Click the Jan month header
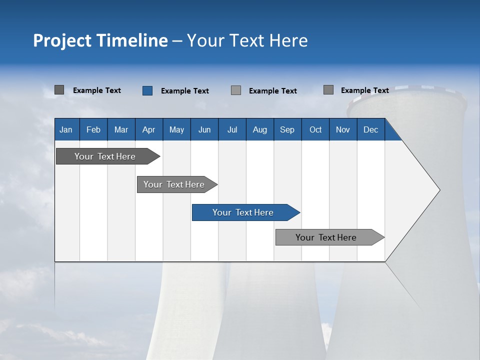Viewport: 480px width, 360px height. click(x=66, y=129)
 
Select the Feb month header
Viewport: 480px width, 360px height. click(x=93, y=129)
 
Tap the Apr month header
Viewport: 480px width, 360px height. click(x=148, y=129)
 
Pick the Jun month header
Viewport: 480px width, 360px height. click(x=204, y=129)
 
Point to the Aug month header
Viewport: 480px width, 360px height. click(x=259, y=129)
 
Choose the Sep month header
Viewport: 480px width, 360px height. click(x=287, y=129)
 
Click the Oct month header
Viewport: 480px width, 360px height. click(x=315, y=129)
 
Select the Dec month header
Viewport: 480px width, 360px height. click(x=370, y=129)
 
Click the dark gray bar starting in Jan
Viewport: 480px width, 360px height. click(x=105, y=156)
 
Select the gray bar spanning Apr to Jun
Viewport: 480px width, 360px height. click(x=174, y=184)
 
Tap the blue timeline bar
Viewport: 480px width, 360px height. click(x=243, y=212)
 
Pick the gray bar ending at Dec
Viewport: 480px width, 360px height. click(x=326, y=237)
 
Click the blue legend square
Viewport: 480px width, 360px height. click(x=147, y=90)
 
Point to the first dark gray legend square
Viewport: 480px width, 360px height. click(x=59, y=90)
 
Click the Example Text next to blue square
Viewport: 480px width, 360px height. click(x=184, y=91)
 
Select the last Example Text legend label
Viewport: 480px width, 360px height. click(x=364, y=90)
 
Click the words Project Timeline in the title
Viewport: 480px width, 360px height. click(x=100, y=40)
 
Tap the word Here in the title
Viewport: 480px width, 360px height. click(x=288, y=40)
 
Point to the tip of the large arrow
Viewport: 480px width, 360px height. click(x=438, y=190)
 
